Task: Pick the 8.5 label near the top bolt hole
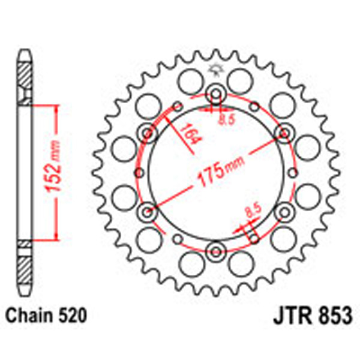[226, 119]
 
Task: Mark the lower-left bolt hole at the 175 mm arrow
[148, 211]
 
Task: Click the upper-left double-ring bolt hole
[148, 132]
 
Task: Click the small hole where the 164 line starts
[177, 107]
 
